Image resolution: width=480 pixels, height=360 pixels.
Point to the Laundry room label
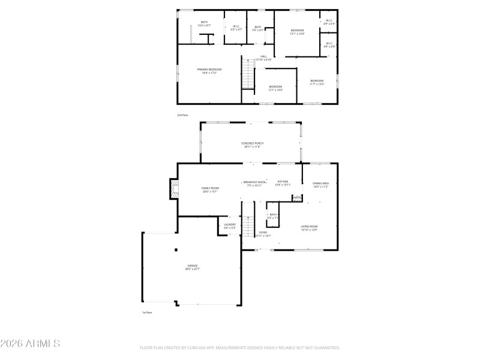tap(230, 226)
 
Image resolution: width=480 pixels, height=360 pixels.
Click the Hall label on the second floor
tap(263, 58)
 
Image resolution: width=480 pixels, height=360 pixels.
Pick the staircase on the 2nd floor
tap(248, 74)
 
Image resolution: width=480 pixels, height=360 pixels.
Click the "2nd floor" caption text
tap(182, 115)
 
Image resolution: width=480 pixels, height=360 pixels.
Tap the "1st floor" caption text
tap(146, 313)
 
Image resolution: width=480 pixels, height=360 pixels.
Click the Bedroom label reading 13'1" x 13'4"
tap(297, 32)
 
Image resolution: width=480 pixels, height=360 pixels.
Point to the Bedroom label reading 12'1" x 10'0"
tap(275, 88)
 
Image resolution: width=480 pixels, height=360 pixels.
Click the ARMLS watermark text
tap(30, 344)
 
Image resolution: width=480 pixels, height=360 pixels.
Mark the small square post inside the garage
tap(176, 250)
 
